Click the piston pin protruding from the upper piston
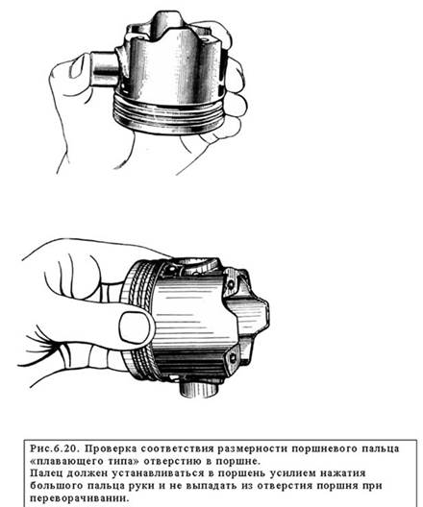(105, 68)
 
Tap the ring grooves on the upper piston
(167, 115)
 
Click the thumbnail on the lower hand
(135, 327)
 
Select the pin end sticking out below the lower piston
(199, 389)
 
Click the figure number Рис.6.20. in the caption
(54, 449)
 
